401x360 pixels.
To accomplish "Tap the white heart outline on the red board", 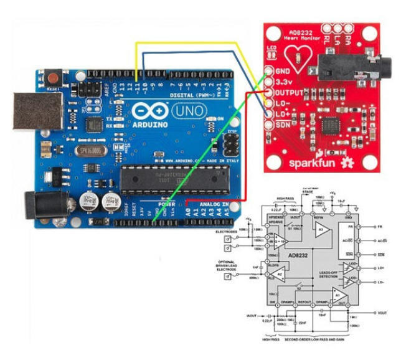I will [x=302, y=56].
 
